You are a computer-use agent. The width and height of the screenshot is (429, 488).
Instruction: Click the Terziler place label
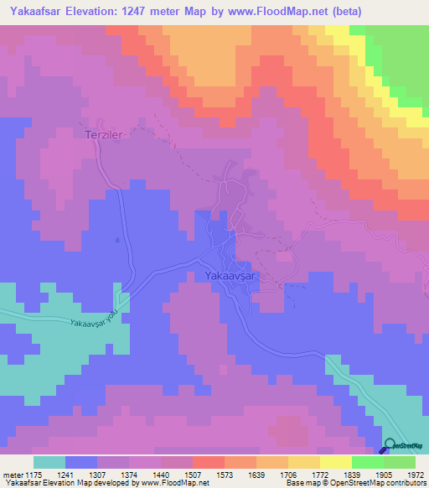click(x=105, y=133)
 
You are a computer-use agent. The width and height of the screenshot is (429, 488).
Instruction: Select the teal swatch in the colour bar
click(x=49, y=462)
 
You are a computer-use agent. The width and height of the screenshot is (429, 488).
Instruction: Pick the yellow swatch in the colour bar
click(x=335, y=462)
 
